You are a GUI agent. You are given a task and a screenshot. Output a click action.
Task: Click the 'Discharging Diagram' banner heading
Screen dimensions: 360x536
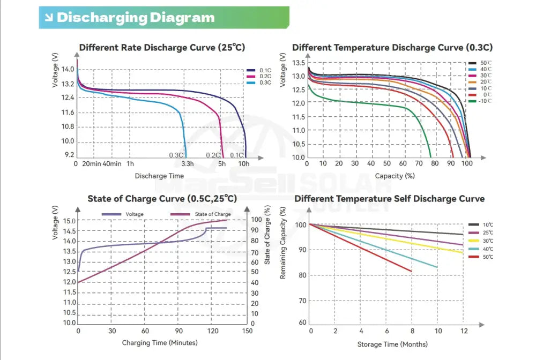point(135,17)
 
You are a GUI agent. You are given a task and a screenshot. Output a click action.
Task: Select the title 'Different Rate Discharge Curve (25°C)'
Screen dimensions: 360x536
point(162,48)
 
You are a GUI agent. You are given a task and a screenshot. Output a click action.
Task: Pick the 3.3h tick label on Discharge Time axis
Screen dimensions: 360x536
point(188,163)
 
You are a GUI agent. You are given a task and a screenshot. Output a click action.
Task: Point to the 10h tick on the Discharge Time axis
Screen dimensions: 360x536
point(244,163)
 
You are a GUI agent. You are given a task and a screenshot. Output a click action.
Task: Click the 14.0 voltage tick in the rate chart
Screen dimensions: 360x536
point(68,69)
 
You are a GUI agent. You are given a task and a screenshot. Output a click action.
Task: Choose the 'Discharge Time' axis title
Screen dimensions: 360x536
point(159,176)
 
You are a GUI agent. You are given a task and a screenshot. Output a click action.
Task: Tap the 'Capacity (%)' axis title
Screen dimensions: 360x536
point(395,175)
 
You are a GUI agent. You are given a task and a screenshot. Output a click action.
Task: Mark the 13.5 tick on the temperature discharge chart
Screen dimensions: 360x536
point(299,63)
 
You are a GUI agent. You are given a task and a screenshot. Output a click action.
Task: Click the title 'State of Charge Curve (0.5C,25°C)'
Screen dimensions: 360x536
point(162,199)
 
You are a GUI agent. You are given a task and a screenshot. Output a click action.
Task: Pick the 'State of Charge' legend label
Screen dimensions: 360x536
point(213,214)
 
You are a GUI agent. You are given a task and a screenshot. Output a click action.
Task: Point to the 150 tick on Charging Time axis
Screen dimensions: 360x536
point(248,331)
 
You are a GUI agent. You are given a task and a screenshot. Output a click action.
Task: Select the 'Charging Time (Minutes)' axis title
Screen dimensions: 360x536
point(160,343)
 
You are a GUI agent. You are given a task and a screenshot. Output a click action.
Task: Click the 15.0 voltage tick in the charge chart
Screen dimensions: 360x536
point(70,221)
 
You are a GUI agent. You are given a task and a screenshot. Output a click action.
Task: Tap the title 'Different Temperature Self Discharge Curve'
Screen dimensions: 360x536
point(389,199)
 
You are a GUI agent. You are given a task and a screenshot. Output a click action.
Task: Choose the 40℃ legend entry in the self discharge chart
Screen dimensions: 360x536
point(488,249)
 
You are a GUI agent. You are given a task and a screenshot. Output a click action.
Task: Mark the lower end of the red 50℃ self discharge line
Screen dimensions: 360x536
point(412,271)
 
